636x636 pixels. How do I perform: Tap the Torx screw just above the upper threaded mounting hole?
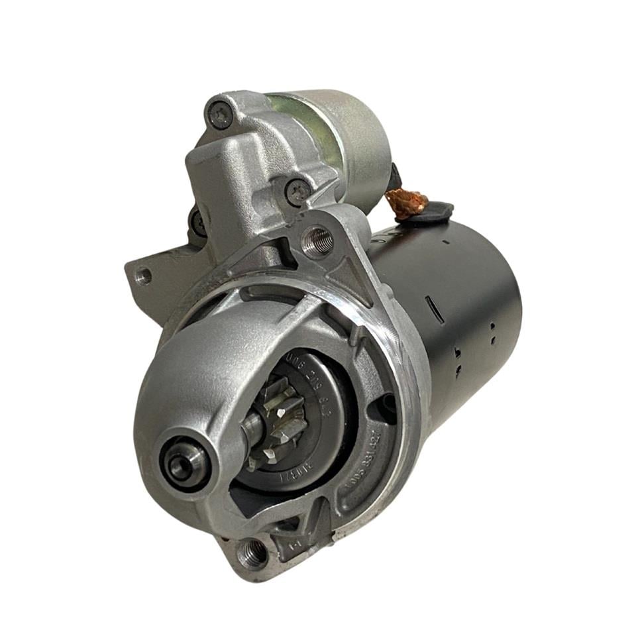click(298, 191)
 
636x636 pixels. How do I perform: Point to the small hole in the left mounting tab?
click(143, 274)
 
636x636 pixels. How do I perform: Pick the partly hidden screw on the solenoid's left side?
click(197, 221)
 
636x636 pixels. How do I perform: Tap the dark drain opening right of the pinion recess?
click(386, 402)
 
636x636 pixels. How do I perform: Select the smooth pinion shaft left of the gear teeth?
click(254, 429)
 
